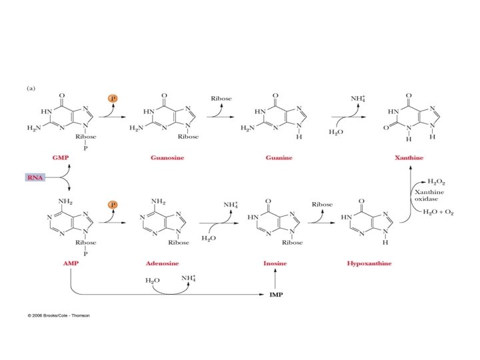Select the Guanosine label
pos(167,158)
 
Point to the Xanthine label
pos(409,158)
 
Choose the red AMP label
pos(71,263)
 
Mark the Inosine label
pos(275,263)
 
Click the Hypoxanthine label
pos(369,263)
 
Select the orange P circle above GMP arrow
pos(113,98)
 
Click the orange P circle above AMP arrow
pos(113,203)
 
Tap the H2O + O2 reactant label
pos(441,211)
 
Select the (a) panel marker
pos(31,87)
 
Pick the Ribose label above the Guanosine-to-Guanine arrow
pos(221,99)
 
